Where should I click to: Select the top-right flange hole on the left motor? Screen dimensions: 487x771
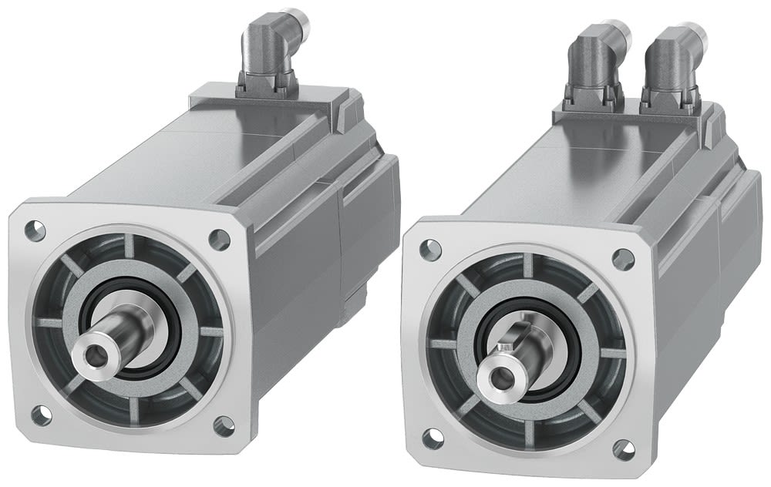coord(220,239)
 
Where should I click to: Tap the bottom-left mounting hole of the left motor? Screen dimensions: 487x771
coord(40,415)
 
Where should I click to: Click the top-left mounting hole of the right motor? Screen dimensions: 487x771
coord(429,249)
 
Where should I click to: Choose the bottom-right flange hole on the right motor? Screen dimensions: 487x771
coord(622,448)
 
